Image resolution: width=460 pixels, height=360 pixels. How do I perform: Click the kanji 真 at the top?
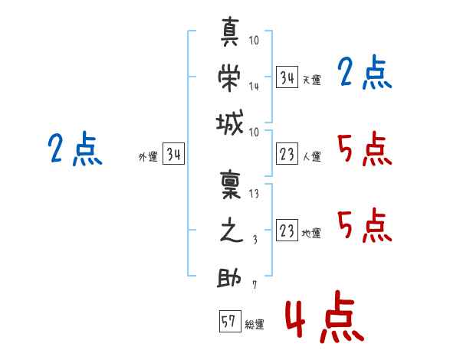231,35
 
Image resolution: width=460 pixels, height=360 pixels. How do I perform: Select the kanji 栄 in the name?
231,77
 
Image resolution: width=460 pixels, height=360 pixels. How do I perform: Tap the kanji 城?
231,123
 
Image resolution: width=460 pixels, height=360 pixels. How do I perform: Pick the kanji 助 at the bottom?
231,278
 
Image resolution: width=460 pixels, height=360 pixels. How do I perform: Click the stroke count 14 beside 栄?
254,86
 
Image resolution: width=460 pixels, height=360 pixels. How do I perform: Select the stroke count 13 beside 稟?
254,194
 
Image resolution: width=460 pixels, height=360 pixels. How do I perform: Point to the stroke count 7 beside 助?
254,286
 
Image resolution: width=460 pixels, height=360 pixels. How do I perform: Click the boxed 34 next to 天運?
287,77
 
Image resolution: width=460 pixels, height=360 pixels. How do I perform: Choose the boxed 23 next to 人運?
287,154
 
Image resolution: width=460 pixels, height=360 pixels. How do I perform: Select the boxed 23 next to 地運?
287,231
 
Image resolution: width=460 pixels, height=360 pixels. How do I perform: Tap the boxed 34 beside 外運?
173,154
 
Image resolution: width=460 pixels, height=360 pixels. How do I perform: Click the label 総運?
255,325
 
